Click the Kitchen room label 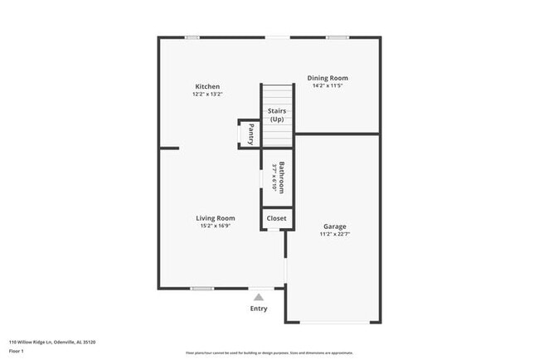207,87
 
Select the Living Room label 215,218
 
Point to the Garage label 335,226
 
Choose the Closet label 276,219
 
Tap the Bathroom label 283,177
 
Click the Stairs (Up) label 277,115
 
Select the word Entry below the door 259,309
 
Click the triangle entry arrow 259,296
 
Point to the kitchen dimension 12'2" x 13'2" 207,95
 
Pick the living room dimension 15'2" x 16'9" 215,226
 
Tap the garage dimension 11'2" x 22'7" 335,234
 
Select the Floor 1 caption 17,351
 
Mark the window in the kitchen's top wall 192,37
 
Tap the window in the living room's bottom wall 202,289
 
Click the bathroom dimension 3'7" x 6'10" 274,177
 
